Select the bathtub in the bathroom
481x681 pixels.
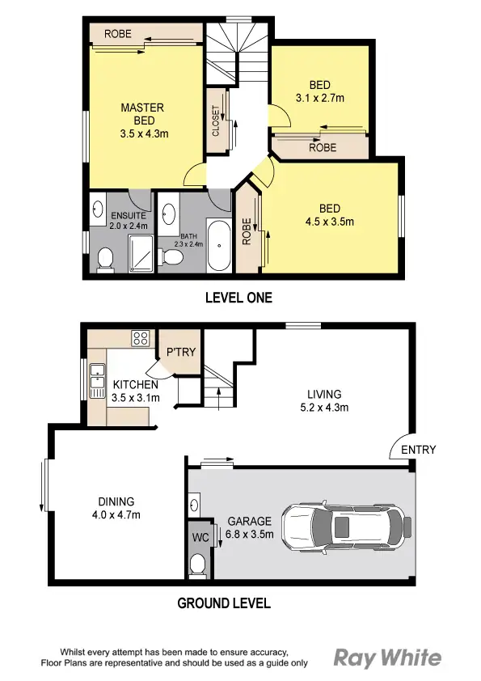coord(219,245)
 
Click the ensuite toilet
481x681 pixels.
coord(104,259)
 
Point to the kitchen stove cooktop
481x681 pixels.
coord(140,338)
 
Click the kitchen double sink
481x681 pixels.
coord(98,378)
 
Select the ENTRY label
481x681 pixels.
coord(418,450)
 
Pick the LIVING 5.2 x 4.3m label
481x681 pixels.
coord(323,400)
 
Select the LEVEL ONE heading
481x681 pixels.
coord(238,298)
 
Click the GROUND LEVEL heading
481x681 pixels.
coord(224,603)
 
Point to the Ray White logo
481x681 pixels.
coord(388,657)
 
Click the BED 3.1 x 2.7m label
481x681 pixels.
coord(320,91)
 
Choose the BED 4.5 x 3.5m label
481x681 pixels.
coord(329,214)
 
